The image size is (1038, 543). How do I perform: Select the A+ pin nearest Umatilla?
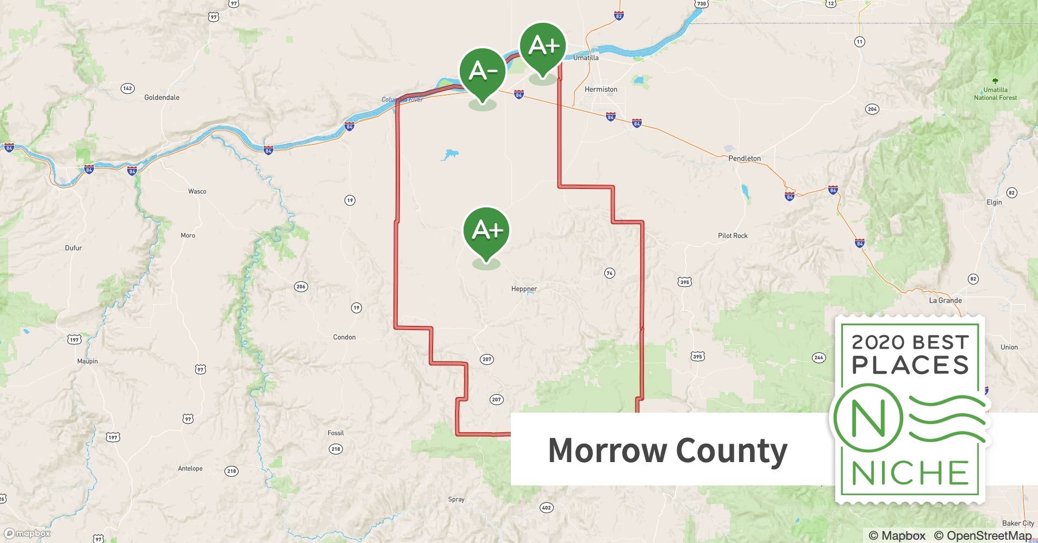coord(542,47)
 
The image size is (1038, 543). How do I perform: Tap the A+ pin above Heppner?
coord(486,231)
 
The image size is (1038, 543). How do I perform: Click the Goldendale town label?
coord(161,98)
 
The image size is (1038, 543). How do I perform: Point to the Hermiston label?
coord(601,90)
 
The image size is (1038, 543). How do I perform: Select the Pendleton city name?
coord(744,159)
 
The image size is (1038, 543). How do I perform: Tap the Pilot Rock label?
coord(732,236)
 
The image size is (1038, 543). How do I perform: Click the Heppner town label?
coord(524,289)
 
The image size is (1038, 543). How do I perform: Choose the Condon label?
coord(344,337)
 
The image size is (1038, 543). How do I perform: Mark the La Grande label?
coord(945,300)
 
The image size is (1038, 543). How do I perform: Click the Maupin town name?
coord(87,361)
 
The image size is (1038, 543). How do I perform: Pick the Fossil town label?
coord(335,433)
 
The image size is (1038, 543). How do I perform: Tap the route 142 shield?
coord(127,88)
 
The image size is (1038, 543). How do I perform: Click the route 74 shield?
coord(609,273)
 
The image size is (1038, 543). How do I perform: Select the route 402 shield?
coord(546,508)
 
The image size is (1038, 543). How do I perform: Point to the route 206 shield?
coord(301,286)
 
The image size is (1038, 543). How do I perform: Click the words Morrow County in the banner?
coord(667,450)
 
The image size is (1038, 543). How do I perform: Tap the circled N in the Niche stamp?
coord(868,418)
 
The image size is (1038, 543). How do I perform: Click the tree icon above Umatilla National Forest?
coord(995,81)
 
